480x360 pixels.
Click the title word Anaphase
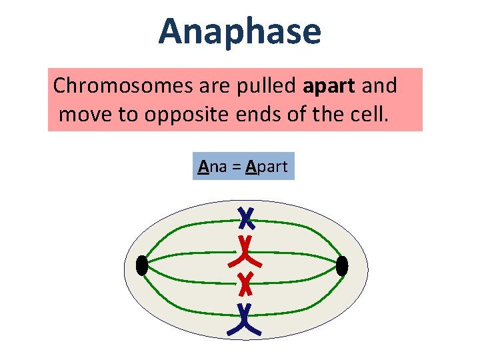pos(239,31)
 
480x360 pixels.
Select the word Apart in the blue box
pos(267,166)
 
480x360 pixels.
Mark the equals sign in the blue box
pos(235,167)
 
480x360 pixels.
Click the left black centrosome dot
pos(141,266)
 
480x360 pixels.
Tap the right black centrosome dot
pos(342,266)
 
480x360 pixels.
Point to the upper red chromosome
pos(246,249)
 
